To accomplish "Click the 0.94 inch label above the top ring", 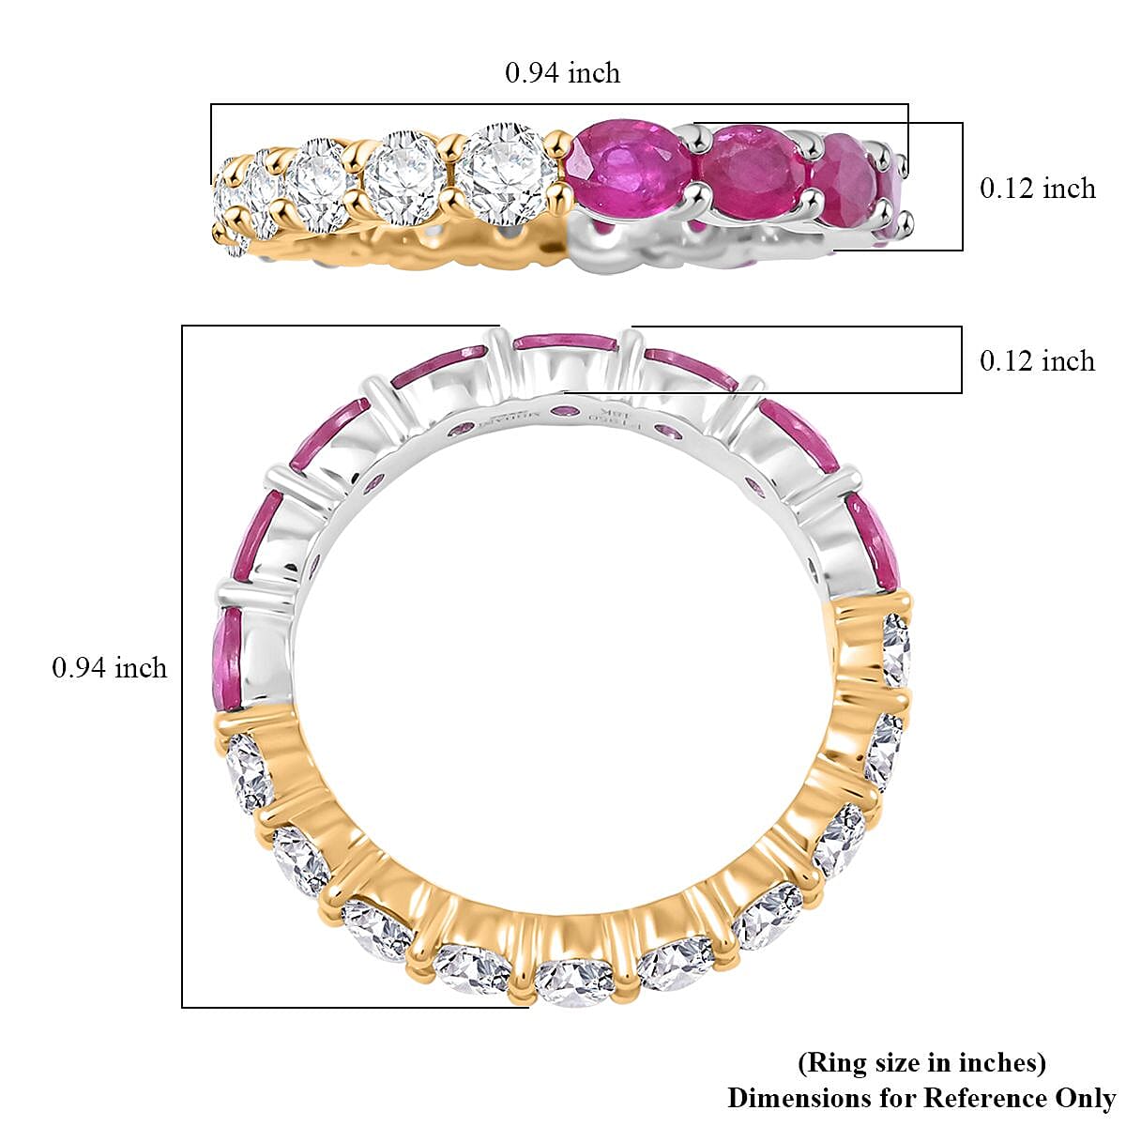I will [x=562, y=73].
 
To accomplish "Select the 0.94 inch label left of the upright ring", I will [x=109, y=668].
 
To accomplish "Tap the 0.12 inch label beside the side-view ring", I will [x=1037, y=189].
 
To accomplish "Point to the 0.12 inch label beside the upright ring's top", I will [x=1037, y=361].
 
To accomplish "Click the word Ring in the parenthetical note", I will [x=828, y=1063].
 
